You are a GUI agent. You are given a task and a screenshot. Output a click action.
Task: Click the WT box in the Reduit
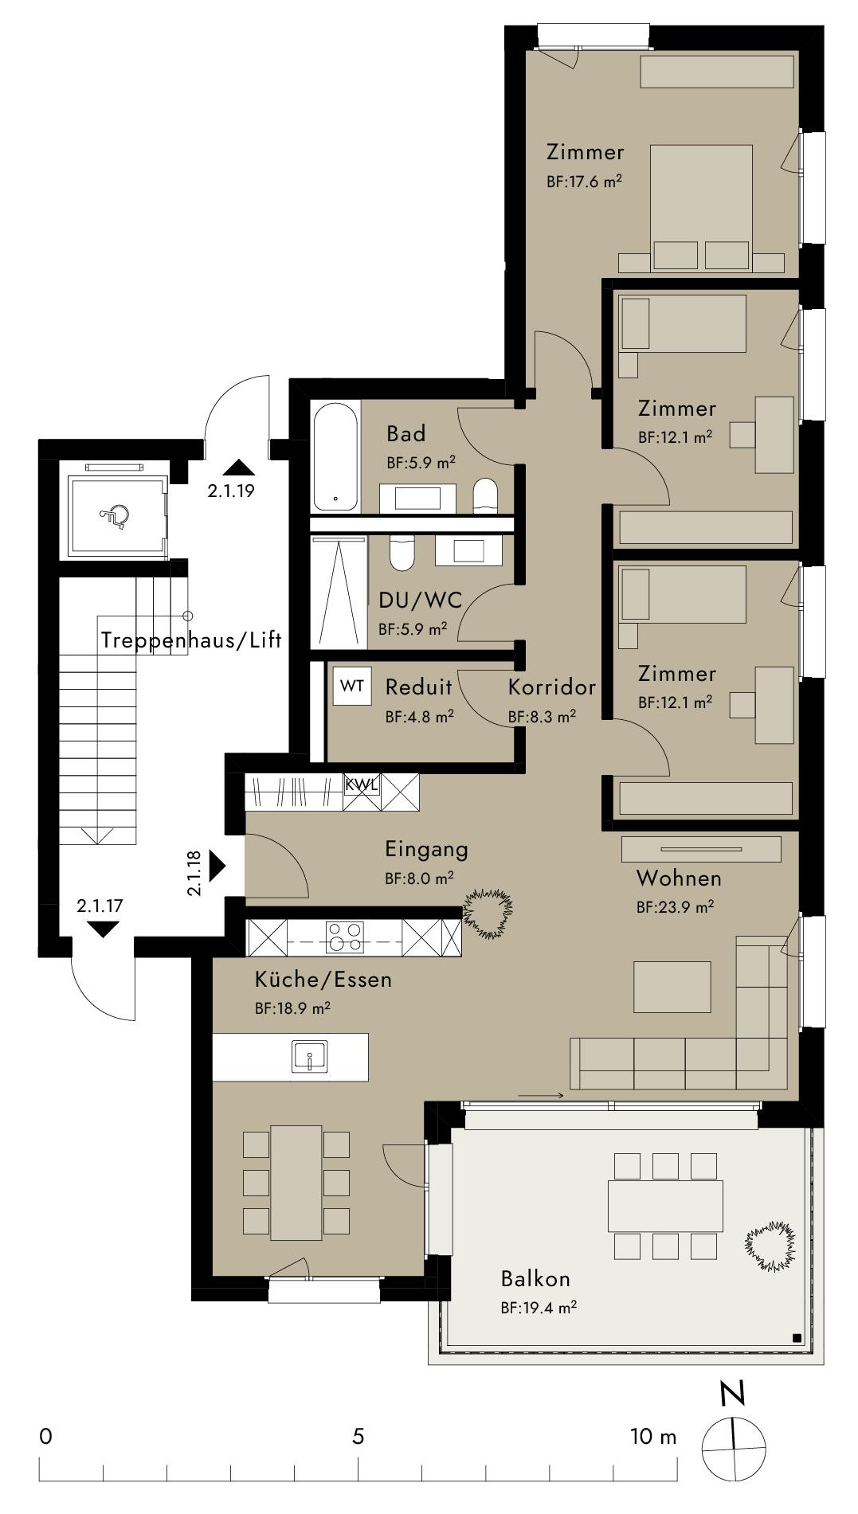[x=352, y=686]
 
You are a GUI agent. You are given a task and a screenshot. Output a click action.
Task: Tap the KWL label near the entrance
[x=362, y=784]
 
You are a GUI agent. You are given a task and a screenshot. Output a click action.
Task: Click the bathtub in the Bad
[x=336, y=458]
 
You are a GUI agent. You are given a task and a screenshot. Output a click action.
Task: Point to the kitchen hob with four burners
[x=345, y=937]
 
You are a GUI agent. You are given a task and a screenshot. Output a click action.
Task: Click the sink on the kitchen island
[x=309, y=1057]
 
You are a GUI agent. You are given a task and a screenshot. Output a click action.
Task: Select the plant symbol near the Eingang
[x=488, y=912]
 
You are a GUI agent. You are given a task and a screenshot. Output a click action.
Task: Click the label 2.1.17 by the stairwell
[x=100, y=906]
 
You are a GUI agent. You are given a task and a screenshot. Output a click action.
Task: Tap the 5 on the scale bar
[x=358, y=1436]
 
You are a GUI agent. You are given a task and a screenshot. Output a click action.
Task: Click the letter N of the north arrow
[x=732, y=1394]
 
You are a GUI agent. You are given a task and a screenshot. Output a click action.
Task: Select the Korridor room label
[x=552, y=687]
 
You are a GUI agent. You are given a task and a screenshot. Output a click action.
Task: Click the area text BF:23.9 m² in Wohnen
[x=675, y=906]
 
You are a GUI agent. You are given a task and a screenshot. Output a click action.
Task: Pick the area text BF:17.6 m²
[x=584, y=181]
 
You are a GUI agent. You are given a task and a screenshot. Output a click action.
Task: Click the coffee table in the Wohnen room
[x=672, y=987]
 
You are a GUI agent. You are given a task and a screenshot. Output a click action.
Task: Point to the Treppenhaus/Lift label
[x=191, y=641]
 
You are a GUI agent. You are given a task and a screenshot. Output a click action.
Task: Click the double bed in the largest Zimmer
[x=701, y=207]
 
